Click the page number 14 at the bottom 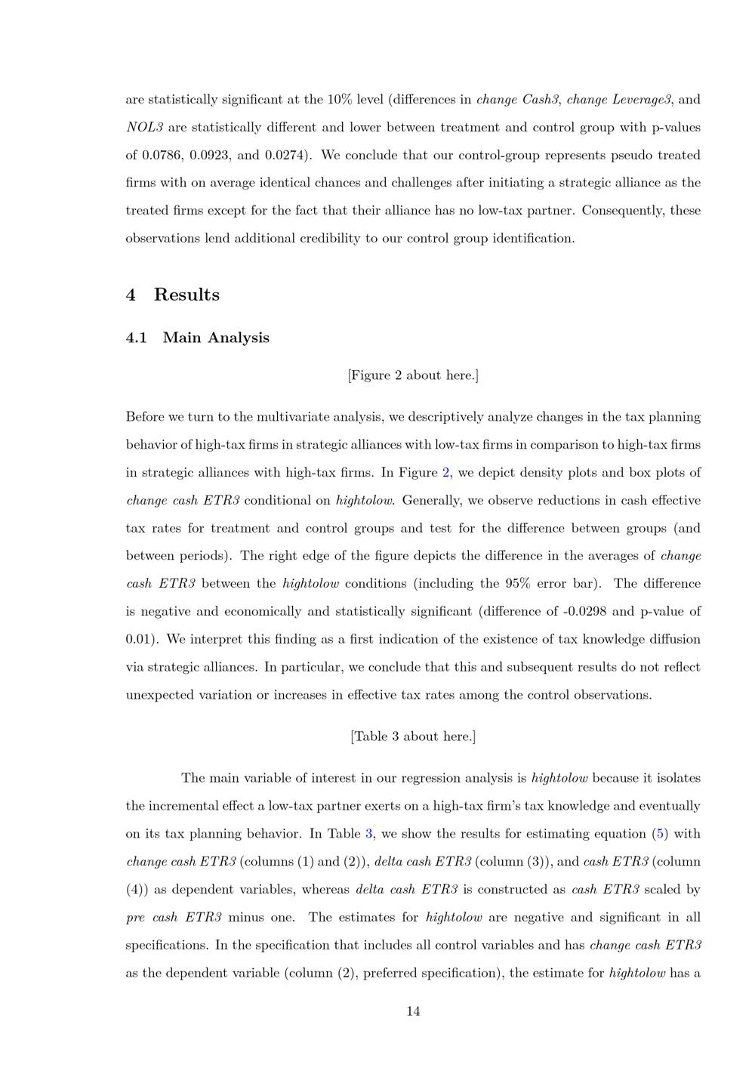point(413,1011)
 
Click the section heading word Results point(186,295)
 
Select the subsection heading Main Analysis point(216,338)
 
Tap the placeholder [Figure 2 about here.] point(413,375)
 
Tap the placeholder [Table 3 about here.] point(413,736)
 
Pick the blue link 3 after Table point(369,834)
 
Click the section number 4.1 point(137,338)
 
